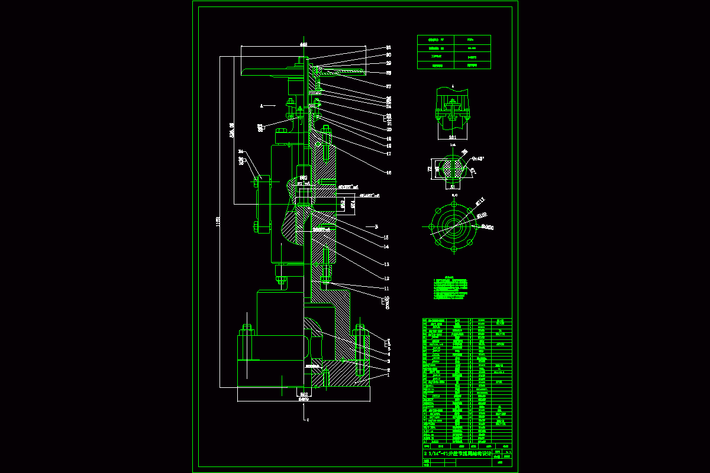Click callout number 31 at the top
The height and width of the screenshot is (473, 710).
tap(389, 47)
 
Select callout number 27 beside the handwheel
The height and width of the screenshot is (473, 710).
tap(389, 86)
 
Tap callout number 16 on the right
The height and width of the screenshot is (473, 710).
tap(389, 173)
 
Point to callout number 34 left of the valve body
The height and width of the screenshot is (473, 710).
tap(241, 152)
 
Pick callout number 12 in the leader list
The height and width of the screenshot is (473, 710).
tap(386, 278)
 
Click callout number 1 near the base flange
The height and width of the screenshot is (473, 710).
tap(389, 374)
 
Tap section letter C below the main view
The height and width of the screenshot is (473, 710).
tap(308, 420)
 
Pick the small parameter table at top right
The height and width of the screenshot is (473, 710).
tap(453, 52)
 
